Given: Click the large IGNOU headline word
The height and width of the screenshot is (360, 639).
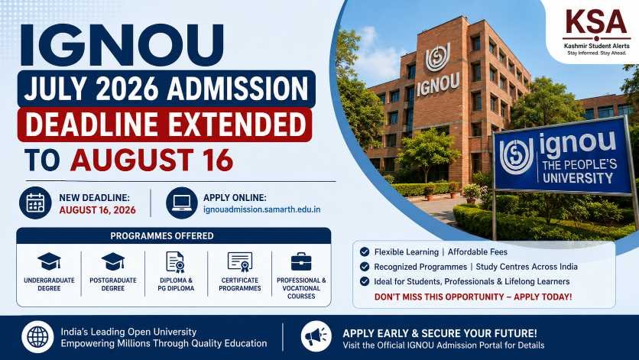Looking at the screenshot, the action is pyautogui.click(x=122, y=45).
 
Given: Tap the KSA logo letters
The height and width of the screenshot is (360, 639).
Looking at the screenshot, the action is pyautogui.click(x=596, y=23).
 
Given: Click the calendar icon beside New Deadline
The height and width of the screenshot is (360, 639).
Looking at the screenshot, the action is pyautogui.click(x=35, y=203).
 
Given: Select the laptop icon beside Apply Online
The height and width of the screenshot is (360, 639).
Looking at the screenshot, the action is pyautogui.click(x=182, y=203).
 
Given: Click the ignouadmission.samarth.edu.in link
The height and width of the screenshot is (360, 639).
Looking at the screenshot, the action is pyautogui.click(x=261, y=209).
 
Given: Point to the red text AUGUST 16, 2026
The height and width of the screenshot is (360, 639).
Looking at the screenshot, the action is pyautogui.click(x=97, y=210).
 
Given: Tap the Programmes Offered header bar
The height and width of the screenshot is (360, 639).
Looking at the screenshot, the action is pyautogui.click(x=174, y=235).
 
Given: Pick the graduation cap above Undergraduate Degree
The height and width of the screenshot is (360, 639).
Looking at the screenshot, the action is pyautogui.click(x=49, y=261).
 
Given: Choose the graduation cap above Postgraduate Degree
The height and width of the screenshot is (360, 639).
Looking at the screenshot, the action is pyautogui.click(x=113, y=261).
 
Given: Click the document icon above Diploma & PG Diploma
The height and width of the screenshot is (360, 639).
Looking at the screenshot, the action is pyautogui.click(x=176, y=261).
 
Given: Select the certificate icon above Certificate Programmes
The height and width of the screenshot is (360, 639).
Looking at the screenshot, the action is pyautogui.click(x=240, y=261).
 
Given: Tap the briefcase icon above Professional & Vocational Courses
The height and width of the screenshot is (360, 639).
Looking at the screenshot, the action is pyautogui.click(x=301, y=261).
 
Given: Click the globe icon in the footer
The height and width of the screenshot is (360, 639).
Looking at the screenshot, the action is pyautogui.click(x=37, y=337).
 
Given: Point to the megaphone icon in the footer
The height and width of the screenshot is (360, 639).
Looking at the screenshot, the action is pyautogui.click(x=316, y=337).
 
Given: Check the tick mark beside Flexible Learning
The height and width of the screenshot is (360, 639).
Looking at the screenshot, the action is pyautogui.click(x=365, y=252).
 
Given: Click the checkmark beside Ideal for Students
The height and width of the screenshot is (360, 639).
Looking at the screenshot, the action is pyautogui.click(x=365, y=281).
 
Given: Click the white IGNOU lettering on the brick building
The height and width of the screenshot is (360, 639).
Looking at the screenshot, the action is pyautogui.click(x=438, y=84).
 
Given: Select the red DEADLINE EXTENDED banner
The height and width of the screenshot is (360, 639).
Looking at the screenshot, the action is pyautogui.click(x=164, y=125).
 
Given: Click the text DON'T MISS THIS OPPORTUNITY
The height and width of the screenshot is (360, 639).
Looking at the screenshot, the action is pyautogui.click(x=438, y=297).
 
